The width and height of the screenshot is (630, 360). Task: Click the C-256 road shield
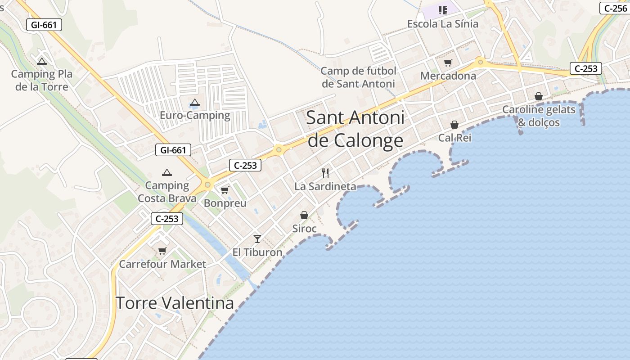click(x=614, y=8)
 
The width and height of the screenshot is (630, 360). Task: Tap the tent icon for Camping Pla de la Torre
click(x=42, y=62)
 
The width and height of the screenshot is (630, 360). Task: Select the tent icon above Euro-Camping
click(x=194, y=103)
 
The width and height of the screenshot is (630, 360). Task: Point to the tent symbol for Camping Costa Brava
click(x=167, y=173)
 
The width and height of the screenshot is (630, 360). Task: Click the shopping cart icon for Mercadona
click(x=448, y=63)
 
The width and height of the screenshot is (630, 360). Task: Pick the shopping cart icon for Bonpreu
click(x=225, y=190)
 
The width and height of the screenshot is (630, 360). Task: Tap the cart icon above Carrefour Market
click(x=162, y=251)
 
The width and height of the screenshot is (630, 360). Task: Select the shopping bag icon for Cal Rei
click(x=454, y=125)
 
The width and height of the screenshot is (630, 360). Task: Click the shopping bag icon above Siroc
click(x=304, y=216)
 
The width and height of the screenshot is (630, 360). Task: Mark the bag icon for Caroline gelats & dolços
click(x=539, y=96)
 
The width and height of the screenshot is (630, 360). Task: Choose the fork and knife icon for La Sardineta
click(x=325, y=173)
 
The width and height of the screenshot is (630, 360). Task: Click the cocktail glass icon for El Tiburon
click(x=257, y=239)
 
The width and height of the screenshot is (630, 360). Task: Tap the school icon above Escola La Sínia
click(x=443, y=10)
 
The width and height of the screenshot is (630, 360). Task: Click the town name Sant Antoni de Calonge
click(x=355, y=129)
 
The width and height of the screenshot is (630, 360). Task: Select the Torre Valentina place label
click(x=175, y=303)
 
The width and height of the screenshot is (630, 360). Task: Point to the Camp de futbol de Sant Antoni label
click(x=358, y=77)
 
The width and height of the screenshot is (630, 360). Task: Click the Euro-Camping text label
click(x=195, y=116)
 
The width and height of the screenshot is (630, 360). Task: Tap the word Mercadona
click(x=448, y=76)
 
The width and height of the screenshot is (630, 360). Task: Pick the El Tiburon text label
click(x=257, y=252)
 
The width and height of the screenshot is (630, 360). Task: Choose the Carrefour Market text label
click(x=162, y=264)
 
